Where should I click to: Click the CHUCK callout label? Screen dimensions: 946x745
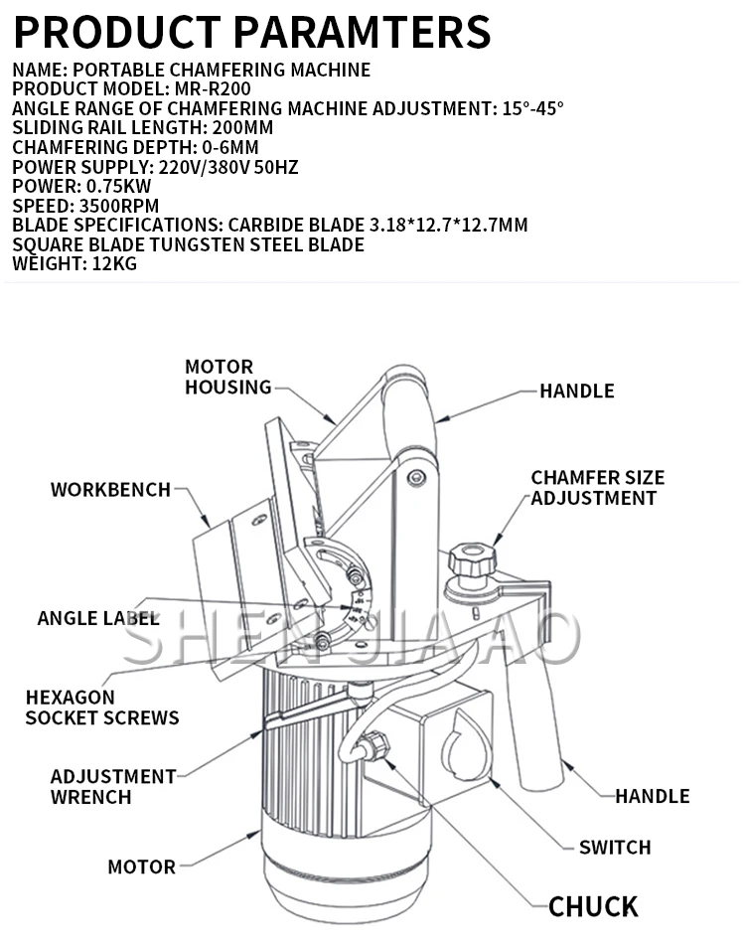(x=593, y=906)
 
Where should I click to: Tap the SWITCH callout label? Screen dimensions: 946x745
(x=615, y=848)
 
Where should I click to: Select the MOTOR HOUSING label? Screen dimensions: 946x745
(x=227, y=377)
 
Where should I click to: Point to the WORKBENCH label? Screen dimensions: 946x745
(x=110, y=490)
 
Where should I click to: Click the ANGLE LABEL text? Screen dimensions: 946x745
(x=98, y=618)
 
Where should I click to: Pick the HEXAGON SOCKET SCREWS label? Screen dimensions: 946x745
(x=102, y=708)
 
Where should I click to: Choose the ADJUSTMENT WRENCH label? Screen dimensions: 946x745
(x=113, y=786)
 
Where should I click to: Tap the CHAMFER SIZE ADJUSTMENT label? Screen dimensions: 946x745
(x=597, y=488)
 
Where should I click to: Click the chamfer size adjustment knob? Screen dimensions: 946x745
(x=472, y=558)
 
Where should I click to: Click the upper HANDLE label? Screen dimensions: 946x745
(x=576, y=391)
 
